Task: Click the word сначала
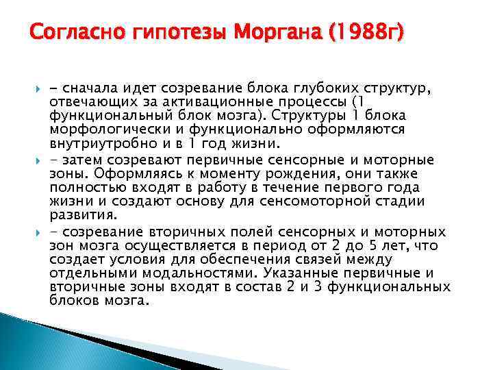tap(86, 88)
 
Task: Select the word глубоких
tap(319, 88)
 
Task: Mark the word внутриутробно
tap(94, 144)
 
